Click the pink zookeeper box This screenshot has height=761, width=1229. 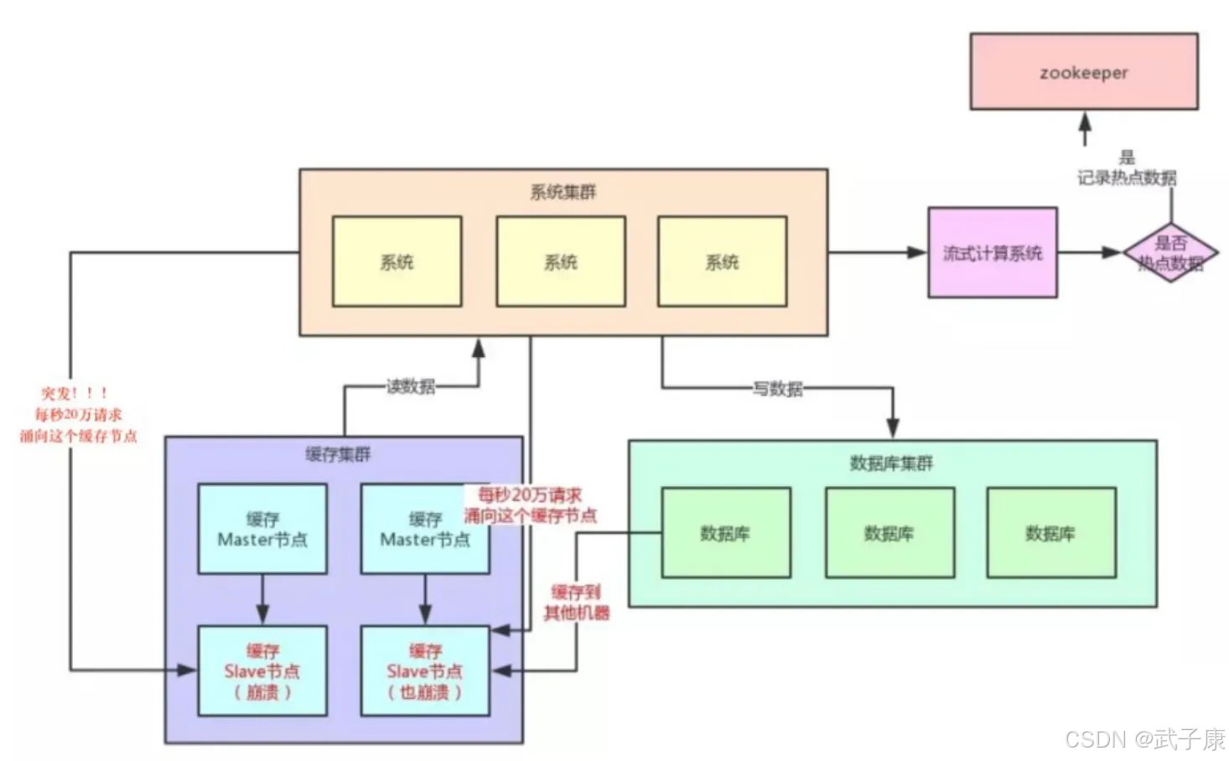1083,72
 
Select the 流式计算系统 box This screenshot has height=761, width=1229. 992,253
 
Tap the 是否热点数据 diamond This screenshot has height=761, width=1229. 1170,252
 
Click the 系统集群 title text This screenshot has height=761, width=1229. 563,192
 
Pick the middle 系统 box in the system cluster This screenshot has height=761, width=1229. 560,261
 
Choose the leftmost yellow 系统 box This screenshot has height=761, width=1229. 397,261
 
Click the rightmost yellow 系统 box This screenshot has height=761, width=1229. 722,261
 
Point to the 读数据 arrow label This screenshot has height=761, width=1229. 410,386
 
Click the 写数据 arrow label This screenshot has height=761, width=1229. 777,389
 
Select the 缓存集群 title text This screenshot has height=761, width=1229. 338,454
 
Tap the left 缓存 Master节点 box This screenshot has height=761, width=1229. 262,529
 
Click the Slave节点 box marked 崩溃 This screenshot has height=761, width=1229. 262,670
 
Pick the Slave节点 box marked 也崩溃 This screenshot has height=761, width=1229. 425,670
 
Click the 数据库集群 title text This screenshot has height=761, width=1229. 891,463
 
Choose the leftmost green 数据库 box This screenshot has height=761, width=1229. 725,533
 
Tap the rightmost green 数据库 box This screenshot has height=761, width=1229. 1050,533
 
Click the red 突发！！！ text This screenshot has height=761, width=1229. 75,393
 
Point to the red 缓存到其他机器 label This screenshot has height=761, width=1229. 577,603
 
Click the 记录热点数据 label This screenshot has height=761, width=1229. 1127,178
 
